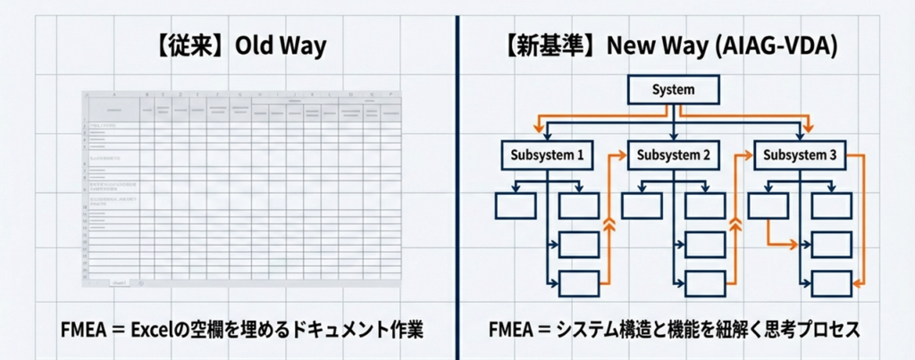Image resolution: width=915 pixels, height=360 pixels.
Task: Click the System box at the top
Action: click(x=673, y=90)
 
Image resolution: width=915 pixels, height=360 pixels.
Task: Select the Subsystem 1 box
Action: click(x=548, y=155)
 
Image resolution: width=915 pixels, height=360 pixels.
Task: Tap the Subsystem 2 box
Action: click(x=673, y=155)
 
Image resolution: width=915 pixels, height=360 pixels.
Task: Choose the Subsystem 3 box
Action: click(x=800, y=155)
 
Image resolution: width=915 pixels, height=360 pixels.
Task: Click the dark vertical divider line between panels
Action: click(x=457, y=179)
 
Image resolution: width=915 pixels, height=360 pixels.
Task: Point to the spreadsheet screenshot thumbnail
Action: click(x=241, y=188)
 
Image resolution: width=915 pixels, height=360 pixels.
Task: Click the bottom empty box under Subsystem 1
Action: click(x=578, y=283)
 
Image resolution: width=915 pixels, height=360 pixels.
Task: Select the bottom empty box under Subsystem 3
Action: click(x=831, y=283)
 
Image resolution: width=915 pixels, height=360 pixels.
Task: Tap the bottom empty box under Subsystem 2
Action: click(x=705, y=283)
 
